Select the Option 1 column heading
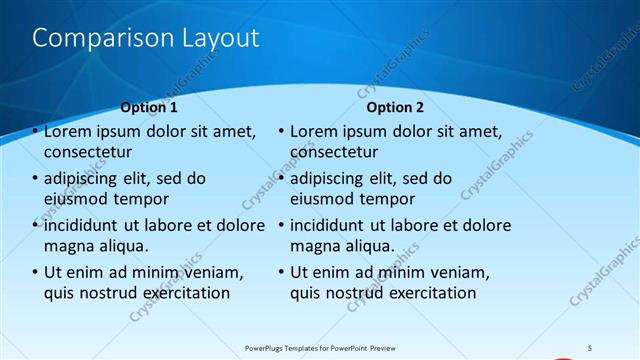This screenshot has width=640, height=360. click(149, 107)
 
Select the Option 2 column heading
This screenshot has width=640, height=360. click(395, 107)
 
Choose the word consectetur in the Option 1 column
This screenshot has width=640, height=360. click(88, 152)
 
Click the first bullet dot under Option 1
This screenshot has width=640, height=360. click(35, 131)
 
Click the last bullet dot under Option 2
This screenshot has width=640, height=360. click(281, 272)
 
